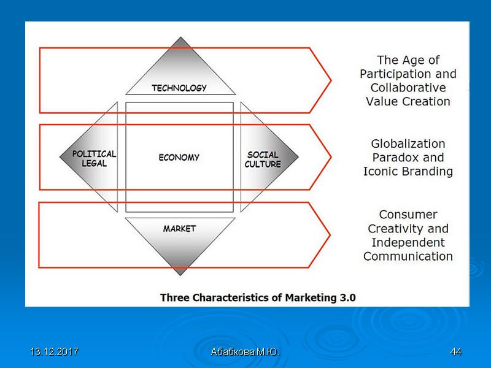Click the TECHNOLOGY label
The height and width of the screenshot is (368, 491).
[179, 88]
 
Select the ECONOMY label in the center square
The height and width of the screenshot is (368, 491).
[179, 158]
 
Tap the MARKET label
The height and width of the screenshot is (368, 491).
[179, 229]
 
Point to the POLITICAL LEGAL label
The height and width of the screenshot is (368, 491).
[94, 159]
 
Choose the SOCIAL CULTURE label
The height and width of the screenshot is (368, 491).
[263, 159]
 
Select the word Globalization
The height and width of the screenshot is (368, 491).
[408, 144]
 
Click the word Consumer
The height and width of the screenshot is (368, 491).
[408, 215]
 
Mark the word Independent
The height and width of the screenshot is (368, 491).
[408, 242]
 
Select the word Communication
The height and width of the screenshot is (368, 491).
[408, 256]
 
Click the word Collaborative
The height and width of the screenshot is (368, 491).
[408, 88]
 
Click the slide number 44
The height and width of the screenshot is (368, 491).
[455, 352]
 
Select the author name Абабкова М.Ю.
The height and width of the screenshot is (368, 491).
[245, 352]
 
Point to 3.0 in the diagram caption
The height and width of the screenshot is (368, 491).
[345, 298]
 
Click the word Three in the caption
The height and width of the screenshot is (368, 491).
[175, 298]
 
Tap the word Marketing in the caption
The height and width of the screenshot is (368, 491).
[304, 298]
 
